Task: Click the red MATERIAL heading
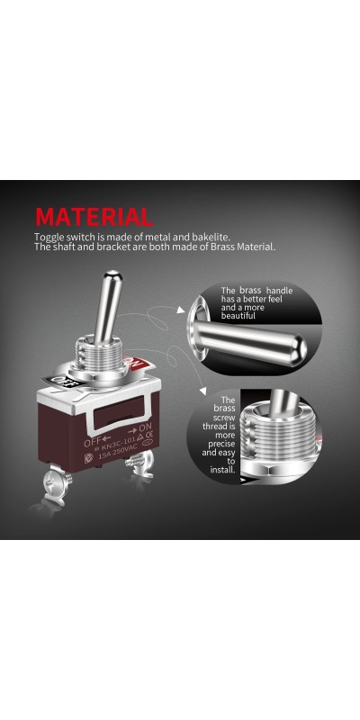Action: [94, 217]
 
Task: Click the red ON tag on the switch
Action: [137, 364]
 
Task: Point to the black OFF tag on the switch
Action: [57, 380]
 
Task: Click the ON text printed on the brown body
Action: [145, 427]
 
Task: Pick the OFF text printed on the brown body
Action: [91, 442]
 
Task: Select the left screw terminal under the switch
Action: [58, 482]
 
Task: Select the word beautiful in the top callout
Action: [238, 316]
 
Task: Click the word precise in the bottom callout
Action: [221, 444]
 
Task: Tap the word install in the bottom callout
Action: [222, 470]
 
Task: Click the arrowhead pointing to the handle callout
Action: [182, 310]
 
